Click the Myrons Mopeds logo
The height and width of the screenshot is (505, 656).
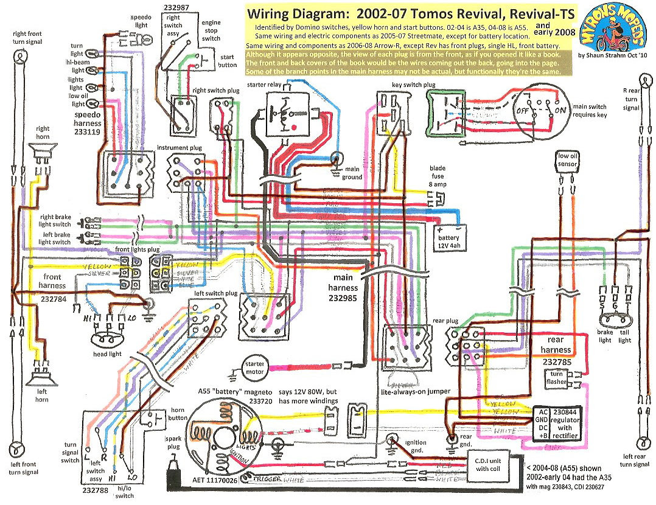pyautogui.click(x=613, y=30)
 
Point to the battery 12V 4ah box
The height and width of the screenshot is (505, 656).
pyautogui.click(x=450, y=234)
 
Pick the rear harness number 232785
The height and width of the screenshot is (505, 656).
pyautogui.click(x=556, y=361)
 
